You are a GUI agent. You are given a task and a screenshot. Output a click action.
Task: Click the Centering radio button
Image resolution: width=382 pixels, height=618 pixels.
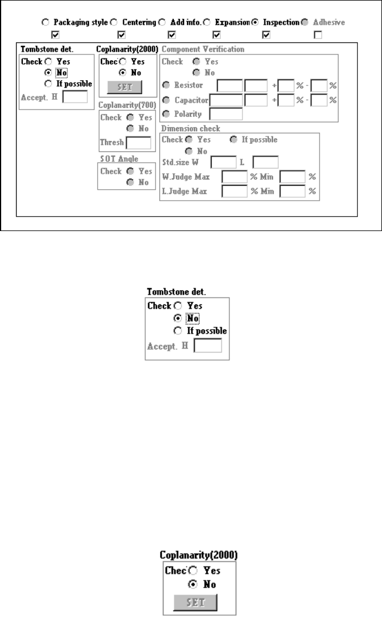click(112, 22)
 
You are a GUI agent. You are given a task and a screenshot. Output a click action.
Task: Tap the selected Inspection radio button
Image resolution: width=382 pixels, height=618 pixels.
click(255, 22)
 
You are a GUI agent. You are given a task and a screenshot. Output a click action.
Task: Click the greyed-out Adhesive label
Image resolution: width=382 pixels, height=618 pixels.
click(329, 22)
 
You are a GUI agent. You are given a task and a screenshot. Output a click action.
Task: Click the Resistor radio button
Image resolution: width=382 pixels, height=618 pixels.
click(165, 85)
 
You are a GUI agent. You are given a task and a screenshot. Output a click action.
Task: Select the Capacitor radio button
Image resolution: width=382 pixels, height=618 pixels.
click(165, 100)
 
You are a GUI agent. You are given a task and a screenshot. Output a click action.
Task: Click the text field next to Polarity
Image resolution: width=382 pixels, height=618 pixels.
click(227, 114)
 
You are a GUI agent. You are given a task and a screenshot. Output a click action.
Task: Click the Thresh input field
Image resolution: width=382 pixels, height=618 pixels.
click(138, 143)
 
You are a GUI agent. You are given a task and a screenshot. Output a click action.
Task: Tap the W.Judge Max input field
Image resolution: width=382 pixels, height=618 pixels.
click(234, 177)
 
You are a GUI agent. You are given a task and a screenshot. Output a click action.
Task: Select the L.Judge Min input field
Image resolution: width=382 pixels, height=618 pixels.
click(292, 191)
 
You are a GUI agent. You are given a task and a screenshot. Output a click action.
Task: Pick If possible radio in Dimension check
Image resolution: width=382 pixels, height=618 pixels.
click(233, 139)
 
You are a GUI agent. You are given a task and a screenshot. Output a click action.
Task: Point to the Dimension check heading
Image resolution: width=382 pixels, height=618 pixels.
click(190, 128)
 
